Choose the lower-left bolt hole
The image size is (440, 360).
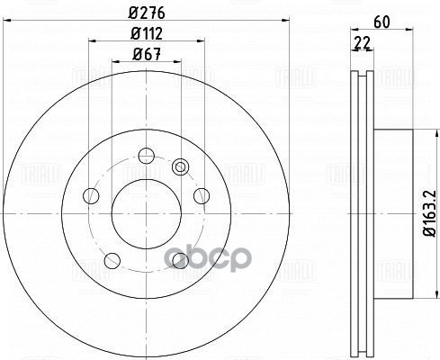(110, 261)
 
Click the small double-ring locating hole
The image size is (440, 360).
(181, 166)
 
